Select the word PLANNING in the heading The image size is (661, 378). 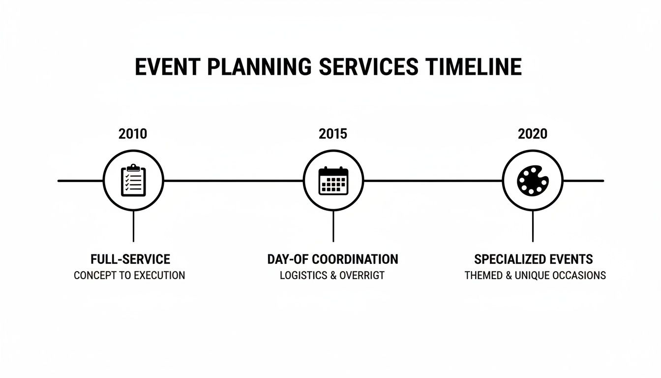point(259,66)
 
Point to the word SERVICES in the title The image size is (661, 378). point(368,66)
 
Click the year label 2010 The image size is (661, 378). point(133,133)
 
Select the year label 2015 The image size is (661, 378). point(333,133)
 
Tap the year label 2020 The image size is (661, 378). point(533,133)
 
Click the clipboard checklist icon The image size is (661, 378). point(133,181)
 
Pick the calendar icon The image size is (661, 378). point(333,181)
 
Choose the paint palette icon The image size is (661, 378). point(533,181)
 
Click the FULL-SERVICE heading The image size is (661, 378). point(130,259)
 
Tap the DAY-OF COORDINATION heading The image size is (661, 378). point(333,259)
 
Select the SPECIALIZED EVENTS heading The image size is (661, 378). point(534,259)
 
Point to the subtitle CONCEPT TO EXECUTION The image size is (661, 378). point(129,275)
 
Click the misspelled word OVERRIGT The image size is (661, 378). point(362,275)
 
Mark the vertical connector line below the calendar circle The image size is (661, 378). point(333,226)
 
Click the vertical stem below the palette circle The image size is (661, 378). point(533,226)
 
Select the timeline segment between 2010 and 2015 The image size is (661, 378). point(233,181)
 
